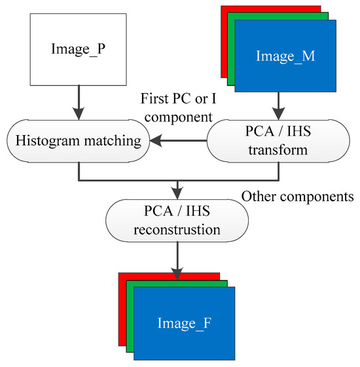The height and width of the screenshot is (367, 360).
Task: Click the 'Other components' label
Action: click(298, 196)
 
